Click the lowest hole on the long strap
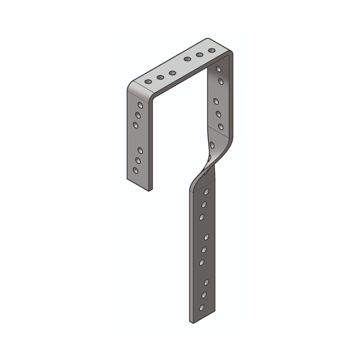point(202,307)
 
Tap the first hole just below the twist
point(206,192)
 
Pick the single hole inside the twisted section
point(212,145)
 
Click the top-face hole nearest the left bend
point(148,82)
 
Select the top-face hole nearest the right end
point(211,50)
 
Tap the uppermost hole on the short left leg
point(140,105)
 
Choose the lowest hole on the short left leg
point(135,170)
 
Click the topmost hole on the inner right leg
point(218,69)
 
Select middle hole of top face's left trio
point(160,77)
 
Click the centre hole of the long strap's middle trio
point(204,250)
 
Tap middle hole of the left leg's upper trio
point(138,115)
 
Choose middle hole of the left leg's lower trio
point(138,160)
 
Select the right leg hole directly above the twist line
point(221,127)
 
